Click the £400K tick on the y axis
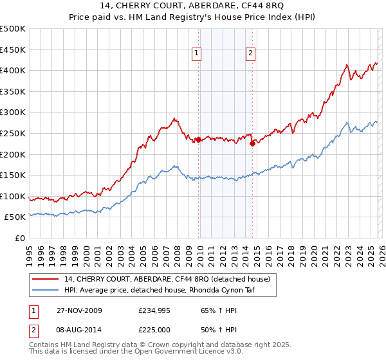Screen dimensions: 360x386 (13, 70)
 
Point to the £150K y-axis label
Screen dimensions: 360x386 (13, 175)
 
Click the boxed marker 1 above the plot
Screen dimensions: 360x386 (196, 54)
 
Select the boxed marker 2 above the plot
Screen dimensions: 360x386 (250, 54)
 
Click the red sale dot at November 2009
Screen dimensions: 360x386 (198, 139)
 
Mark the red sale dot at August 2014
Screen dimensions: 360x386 (252, 144)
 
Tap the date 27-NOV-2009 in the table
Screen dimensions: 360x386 (77, 310)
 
